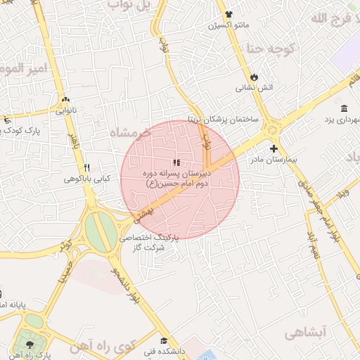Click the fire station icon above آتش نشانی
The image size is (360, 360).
point(255,77)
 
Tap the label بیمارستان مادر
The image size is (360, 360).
point(274,160)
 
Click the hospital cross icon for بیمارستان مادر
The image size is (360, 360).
point(274,148)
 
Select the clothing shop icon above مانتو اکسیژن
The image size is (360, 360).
point(229,14)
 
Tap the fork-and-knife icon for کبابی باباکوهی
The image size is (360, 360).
point(86,167)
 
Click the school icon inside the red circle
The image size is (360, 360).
point(176,163)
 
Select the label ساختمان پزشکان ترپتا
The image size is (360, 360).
point(224,119)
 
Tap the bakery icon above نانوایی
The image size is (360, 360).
point(66,100)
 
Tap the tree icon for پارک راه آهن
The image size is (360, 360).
point(30,345)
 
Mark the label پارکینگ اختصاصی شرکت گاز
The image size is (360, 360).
point(149,243)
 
